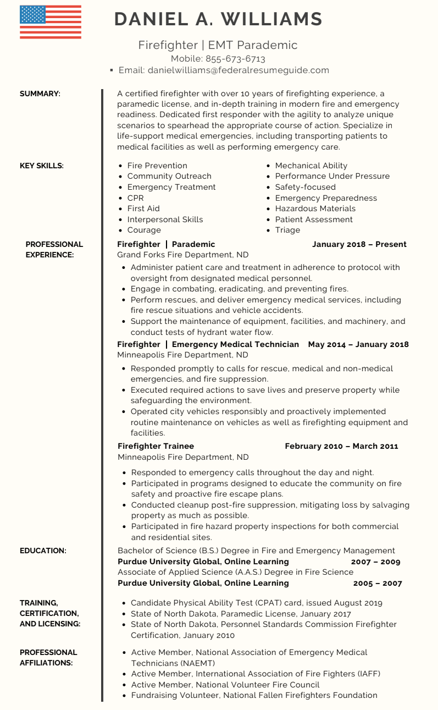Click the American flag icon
pos(50,22)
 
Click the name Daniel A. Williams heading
pos(218,19)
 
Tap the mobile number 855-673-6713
pos(235,59)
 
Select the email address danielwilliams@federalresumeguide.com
pos(238,70)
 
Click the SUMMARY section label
pos(40,94)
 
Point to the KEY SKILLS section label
pos(42,166)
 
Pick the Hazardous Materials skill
pos(315,208)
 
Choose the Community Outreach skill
pos(169,176)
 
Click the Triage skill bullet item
pos(287,230)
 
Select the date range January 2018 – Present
pos(359,244)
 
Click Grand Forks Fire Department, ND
pos(182,255)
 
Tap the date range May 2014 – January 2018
pos(358,344)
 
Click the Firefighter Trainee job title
pos(156,446)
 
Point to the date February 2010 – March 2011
pos(341,446)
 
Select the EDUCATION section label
pos(43,551)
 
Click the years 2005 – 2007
pos(377,583)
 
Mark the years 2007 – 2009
pos(375,562)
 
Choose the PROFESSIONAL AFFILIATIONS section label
pos(48,657)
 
